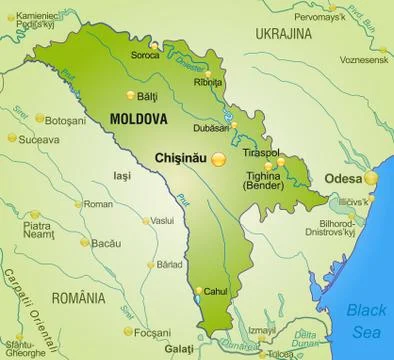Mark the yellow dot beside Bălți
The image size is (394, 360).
coord(132,96)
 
